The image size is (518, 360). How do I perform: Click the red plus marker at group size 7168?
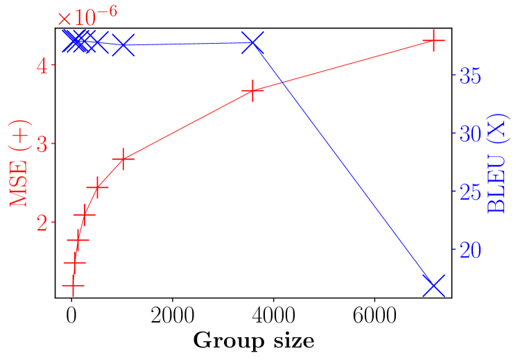(x=433, y=41)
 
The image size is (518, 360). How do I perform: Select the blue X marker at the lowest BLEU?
(x=433, y=286)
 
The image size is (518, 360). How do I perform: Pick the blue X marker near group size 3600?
(x=252, y=43)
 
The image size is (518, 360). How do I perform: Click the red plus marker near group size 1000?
(x=123, y=159)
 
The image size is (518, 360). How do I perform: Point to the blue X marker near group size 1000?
(x=123, y=45)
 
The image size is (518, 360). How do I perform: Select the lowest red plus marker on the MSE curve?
(x=72, y=285)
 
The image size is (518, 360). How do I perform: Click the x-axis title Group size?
(x=253, y=341)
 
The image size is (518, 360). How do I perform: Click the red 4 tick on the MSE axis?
(x=43, y=66)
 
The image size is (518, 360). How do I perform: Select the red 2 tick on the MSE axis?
(x=43, y=223)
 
